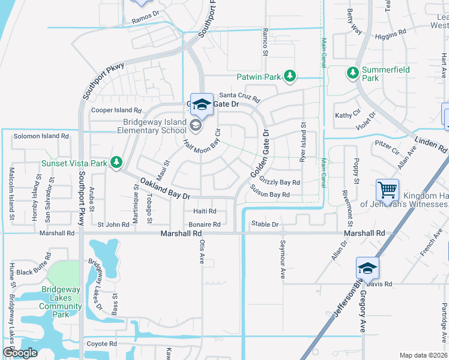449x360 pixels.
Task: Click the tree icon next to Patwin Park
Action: (290, 76)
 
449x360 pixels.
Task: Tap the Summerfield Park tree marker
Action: (352, 73)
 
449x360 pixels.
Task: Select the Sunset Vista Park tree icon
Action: (116, 163)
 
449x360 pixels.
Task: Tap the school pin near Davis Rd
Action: (367, 268)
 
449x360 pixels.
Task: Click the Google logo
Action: (20, 353)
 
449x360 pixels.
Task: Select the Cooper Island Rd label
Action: (116, 110)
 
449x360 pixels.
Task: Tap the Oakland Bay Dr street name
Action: (165, 188)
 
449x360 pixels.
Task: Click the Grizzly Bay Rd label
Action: (280, 182)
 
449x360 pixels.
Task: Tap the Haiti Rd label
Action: (205, 211)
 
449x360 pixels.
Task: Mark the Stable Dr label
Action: (265, 224)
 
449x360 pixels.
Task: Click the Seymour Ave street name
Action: (282, 260)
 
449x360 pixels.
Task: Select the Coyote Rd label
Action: (101, 344)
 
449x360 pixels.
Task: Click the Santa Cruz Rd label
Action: (238, 95)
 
